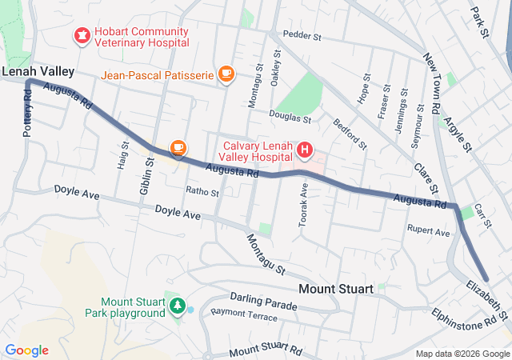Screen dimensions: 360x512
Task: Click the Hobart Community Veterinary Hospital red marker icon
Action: click(82, 34)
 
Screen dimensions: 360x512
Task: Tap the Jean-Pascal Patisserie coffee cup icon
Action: click(226, 74)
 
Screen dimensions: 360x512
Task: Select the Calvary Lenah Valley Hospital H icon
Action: click(305, 150)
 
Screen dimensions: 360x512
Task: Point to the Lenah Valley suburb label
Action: click(38, 72)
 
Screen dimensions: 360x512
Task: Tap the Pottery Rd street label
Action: click(27, 111)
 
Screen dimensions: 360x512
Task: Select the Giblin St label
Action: click(146, 176)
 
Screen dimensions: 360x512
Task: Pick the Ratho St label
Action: click(202, 192)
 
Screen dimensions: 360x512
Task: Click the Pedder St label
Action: click(302, 36)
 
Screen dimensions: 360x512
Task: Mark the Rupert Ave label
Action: click(428, 232)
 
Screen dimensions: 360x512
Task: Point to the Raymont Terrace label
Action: click(244, 318)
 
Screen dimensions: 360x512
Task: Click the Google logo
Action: click(26, 350)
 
